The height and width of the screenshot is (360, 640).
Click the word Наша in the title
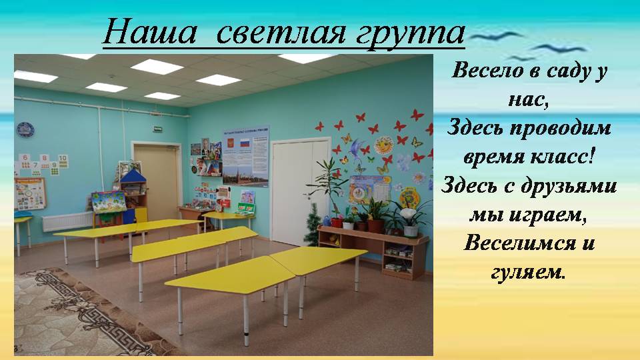[149, 32]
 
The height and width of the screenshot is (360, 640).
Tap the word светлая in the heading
[281, 33]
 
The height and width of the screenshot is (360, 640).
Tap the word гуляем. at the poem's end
[528, 272]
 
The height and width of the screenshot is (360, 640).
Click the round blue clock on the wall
[25, 130]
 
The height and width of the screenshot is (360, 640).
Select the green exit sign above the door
[157, 129]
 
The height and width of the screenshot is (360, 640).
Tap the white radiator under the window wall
[68, 221]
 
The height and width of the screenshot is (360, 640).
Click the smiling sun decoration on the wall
[384, 145]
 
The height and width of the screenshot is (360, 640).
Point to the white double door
[301, 192]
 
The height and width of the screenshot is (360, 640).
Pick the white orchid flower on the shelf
[408, 213]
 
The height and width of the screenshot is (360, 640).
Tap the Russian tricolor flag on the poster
[245, 143]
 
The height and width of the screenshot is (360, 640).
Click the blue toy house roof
[133, 176]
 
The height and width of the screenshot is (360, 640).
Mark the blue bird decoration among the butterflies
[357, 148]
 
